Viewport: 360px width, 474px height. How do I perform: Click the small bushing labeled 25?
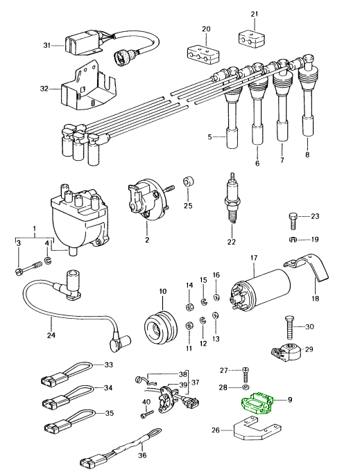(188, 183)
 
